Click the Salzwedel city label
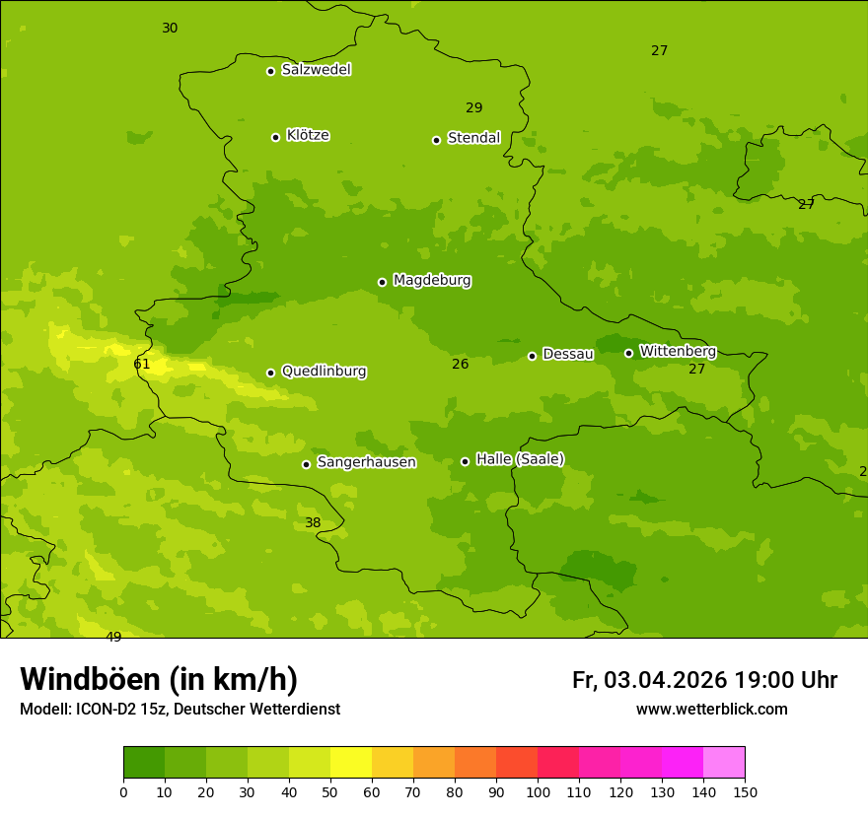pos(316,70)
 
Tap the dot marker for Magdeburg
pos(382,282)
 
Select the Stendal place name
pos(473,138)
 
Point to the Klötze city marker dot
pos(275,137)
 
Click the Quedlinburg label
pos(324,372)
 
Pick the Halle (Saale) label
pos(520,459)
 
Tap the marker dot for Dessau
pos(532,356)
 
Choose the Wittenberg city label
pos(678,351)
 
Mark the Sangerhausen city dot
pos(306,464)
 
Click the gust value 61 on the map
pos(142,365)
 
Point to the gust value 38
pos(313,523)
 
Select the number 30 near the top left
pos(170,29)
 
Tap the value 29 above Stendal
pos(474,108)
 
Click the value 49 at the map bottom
pos(113,638)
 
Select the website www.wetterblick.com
pos(711,710)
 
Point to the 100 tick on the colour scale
pos(538,790)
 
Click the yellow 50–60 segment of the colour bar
pos(351,763)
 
